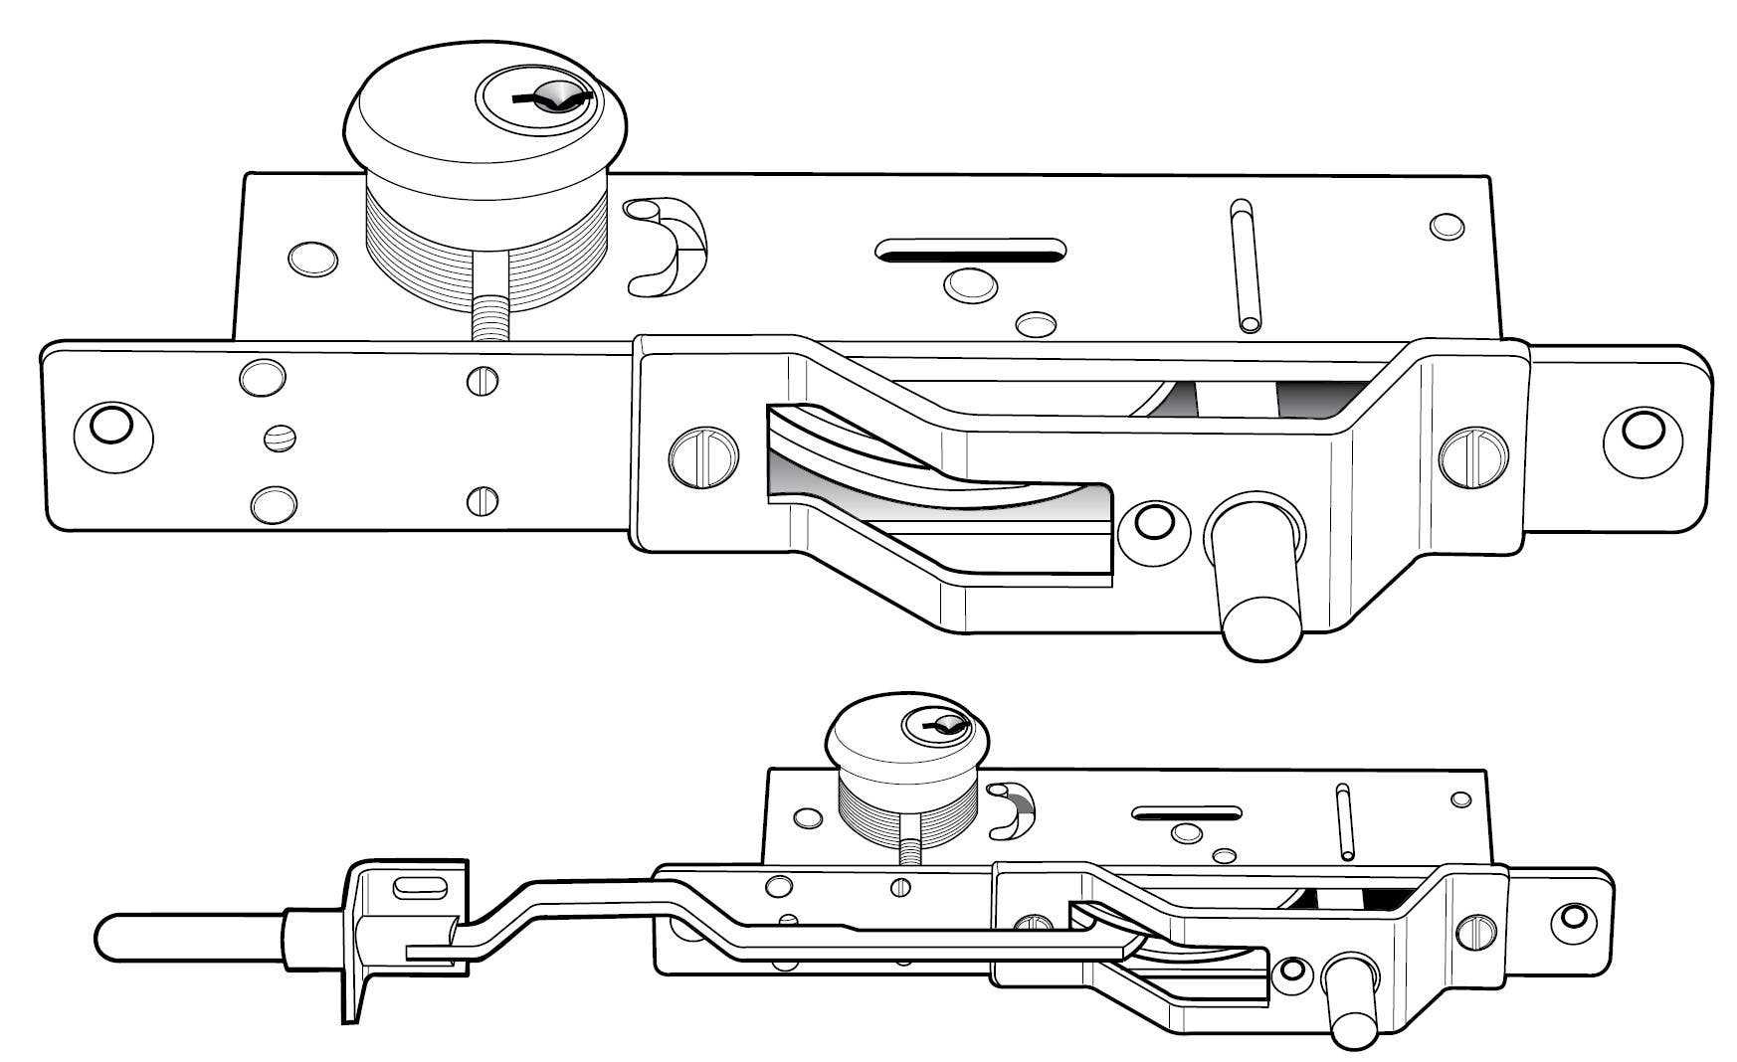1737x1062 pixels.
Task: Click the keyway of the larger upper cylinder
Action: click(552, 97)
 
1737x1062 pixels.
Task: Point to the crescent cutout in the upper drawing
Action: click(669, 246)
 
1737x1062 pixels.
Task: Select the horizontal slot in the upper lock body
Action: click(970, 250)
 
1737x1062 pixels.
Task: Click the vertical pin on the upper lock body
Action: click(1244, 266)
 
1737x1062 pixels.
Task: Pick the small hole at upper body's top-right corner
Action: click(1447, 226)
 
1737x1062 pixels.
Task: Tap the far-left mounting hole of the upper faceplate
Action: click(109, 426)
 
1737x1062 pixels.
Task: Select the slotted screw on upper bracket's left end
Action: click(704, 455)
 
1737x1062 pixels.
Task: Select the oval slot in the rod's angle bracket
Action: click(414, 886)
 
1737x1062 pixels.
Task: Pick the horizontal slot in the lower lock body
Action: click(1187, 812)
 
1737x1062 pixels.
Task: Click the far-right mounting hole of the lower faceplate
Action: click(1574, 915)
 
